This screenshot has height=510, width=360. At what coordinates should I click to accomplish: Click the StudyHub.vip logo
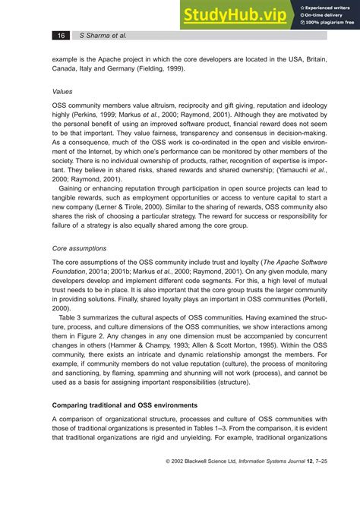(235, 14)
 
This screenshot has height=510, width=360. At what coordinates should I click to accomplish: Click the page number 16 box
(61, 36)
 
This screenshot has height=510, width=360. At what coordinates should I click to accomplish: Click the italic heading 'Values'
(62, 89)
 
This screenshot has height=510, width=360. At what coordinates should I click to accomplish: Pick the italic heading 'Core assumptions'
(79, 248)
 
